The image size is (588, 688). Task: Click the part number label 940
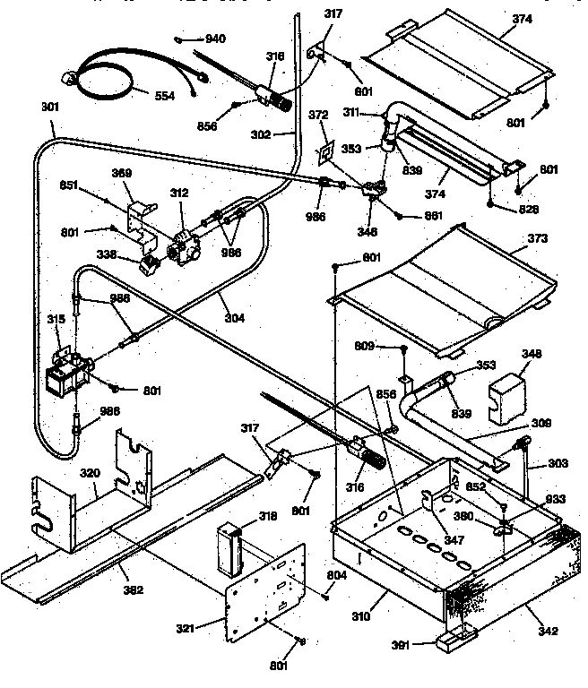[215, 39]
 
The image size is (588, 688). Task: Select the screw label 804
[337, 575]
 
